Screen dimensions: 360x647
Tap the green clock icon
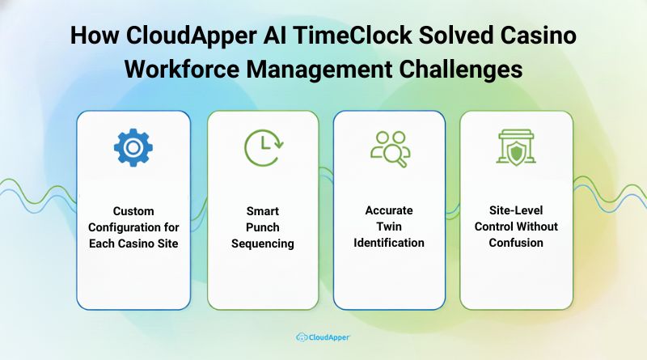click(263, 148)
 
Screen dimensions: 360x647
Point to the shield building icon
click(516, 147)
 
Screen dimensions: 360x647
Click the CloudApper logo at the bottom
click(323, 337)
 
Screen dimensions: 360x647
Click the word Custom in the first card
click(133, 210)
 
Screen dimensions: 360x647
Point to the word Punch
click(263, 227)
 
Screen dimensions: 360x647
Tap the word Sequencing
click(263, 243)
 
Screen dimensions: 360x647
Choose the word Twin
click(389, 227)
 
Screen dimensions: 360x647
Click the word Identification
click(389, 243)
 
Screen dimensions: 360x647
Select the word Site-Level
click(516, 210)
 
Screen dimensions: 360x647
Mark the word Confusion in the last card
click(516, 243)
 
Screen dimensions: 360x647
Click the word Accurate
click(389, 210)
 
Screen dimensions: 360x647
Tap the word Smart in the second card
click(263, 210)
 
